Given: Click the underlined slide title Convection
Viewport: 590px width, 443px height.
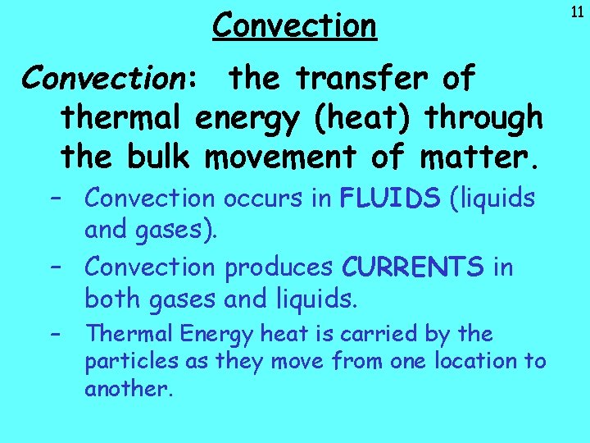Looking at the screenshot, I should tap(294, 25).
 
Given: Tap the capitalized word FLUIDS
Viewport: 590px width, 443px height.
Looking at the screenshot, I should tap(390, 199).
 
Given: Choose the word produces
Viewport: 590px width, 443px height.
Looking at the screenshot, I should tap(279, 267).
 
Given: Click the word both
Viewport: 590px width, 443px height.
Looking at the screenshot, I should tap(113, 299).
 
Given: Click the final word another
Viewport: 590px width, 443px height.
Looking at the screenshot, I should tap(129, 388).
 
